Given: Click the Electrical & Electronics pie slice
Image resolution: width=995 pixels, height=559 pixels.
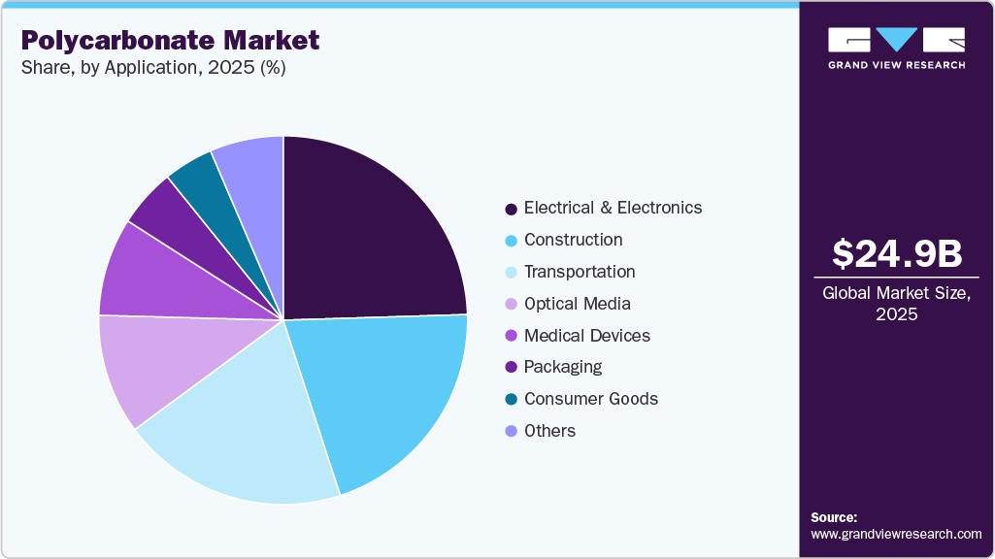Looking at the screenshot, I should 369,233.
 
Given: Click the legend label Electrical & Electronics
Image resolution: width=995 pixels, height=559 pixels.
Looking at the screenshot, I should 613,208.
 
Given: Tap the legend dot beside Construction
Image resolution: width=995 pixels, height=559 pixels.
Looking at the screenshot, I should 511,241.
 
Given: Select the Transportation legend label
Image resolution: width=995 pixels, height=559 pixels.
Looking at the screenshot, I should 580,272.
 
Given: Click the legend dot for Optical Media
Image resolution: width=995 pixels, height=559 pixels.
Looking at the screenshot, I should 511,305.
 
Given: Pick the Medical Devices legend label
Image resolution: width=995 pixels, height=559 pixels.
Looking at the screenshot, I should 586,336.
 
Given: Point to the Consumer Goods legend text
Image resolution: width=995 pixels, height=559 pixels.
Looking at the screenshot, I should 590,399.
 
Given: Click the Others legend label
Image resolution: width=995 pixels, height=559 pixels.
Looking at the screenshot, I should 549,431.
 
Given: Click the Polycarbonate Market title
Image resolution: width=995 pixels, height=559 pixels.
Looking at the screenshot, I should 170,41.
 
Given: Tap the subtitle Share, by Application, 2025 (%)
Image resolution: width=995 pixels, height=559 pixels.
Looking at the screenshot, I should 152,69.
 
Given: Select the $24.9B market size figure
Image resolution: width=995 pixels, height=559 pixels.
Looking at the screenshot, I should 897,253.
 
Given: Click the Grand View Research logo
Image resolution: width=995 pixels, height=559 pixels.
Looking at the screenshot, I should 896,48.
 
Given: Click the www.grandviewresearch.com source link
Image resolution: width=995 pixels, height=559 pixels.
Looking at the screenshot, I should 896,534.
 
